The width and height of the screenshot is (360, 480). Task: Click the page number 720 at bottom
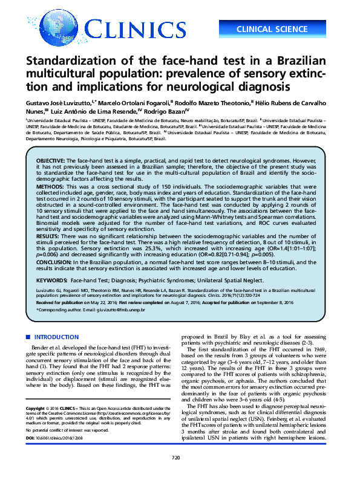[x=176, y=458]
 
